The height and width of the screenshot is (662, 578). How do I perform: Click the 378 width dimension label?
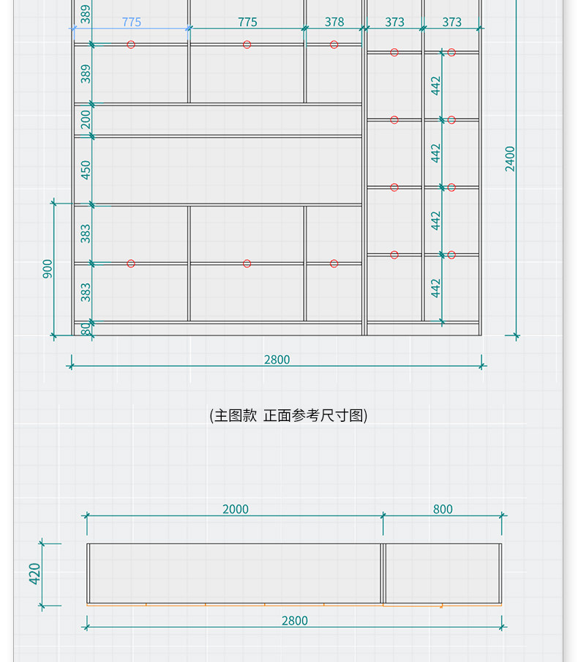pyautogui.click(x=334, y=22)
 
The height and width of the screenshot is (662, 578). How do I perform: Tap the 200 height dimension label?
pyautogui.click(x=86, y=119)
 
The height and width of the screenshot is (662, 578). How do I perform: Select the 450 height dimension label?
pyautogui.click(x=86, y=170)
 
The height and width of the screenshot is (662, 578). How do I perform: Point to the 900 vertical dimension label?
pyautogui.click(x=48, y=269)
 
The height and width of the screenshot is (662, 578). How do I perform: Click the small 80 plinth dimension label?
pyautogui.click(x=86, y=330)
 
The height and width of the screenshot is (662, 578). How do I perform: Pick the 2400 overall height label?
pyautogui.click(x=510, y=159)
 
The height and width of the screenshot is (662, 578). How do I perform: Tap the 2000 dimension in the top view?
pyautogui.click(x=236, y=509)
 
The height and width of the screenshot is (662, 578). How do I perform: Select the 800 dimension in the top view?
pyautogui.click(x=443, y=509)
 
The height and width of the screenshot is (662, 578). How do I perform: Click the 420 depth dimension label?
pyautogui.click(x=34, y=573)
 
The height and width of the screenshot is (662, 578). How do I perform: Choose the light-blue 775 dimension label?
pyautogui.click(x=132, y=22)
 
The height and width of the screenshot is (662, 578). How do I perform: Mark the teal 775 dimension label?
pyautogui.click(x=247, y=22)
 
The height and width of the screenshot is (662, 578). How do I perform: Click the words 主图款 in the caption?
pyautogui.click(x=234, y=415)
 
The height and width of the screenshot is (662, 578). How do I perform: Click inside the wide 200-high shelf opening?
pyautogui.click(x=227, y=120)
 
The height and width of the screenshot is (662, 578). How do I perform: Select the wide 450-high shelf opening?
pyautogui.click(x=227, y=170)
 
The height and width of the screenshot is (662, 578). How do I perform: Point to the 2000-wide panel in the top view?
pyautogui.click(x=234, y=573)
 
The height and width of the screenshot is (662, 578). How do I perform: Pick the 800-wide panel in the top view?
pyautogui.click(x=442, y=573)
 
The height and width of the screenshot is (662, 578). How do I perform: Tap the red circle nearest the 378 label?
pyautogui.click(x=334, y=45)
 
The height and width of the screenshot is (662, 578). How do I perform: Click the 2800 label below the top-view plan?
pyautogui.click(x=295, y=620)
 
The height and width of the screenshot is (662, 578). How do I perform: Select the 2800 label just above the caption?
pyautogui.click(x=277, y=360)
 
